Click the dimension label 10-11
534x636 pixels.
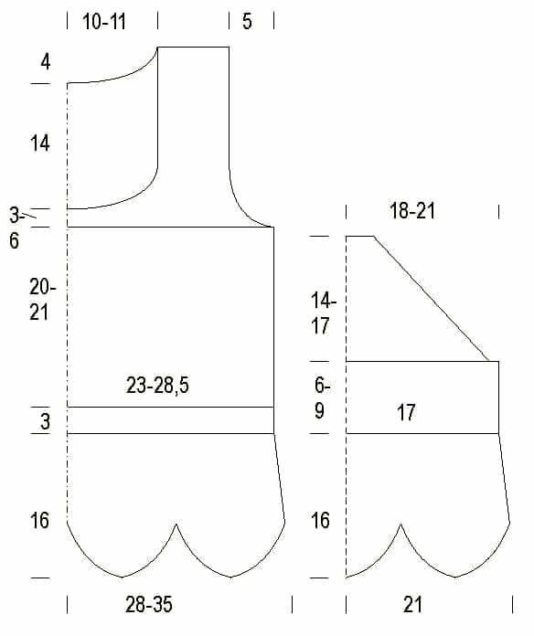pyautogui.click(x=104, y=22)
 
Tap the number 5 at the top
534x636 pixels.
pyautogui.click(x=247, y=21)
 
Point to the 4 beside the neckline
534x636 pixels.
pyautogui.click(x=46, y=62)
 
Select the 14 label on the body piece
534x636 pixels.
pyautogui.click(x=39, y=143)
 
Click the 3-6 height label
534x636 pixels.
pyautogui.click(x=16, y=228)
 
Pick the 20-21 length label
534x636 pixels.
pyautogui.click(x=42, y=300)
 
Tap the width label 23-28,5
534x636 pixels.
pyautogui.click(x=157, y=385)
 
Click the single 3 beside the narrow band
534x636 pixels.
pyautogui.click(x=45, y=422)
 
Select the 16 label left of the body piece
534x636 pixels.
pyautogui.click(x=39, y=520)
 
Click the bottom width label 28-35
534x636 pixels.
pyautogui.click(x=149, y=604)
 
